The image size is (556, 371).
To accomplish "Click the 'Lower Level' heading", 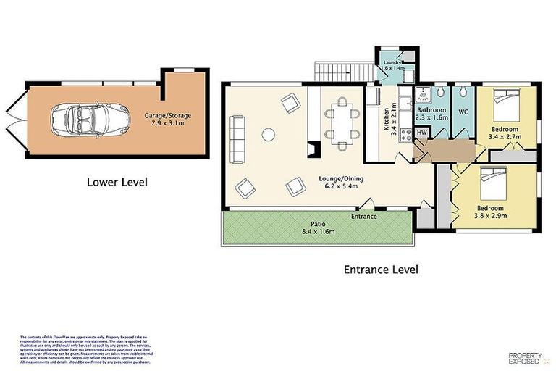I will tap(117, 182).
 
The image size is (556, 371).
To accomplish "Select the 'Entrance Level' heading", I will tap(380, 270).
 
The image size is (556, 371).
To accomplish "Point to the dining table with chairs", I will tap(340, 121).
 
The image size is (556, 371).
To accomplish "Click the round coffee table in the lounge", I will tap(268, 134).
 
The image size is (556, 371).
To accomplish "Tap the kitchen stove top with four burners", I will tap(405, 134).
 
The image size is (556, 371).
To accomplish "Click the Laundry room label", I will tap(393, 63).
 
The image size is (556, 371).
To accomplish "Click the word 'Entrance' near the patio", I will tap(364, 216).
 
